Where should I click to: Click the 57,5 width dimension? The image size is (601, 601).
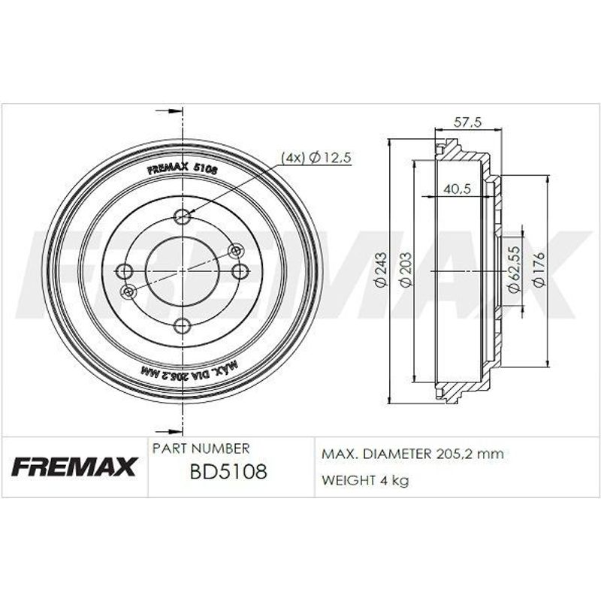coord(467,122)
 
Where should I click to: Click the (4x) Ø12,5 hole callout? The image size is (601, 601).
coord(316,157)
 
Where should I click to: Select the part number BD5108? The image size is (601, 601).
coord(228,472)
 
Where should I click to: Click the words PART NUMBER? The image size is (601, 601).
coord(201,448)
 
